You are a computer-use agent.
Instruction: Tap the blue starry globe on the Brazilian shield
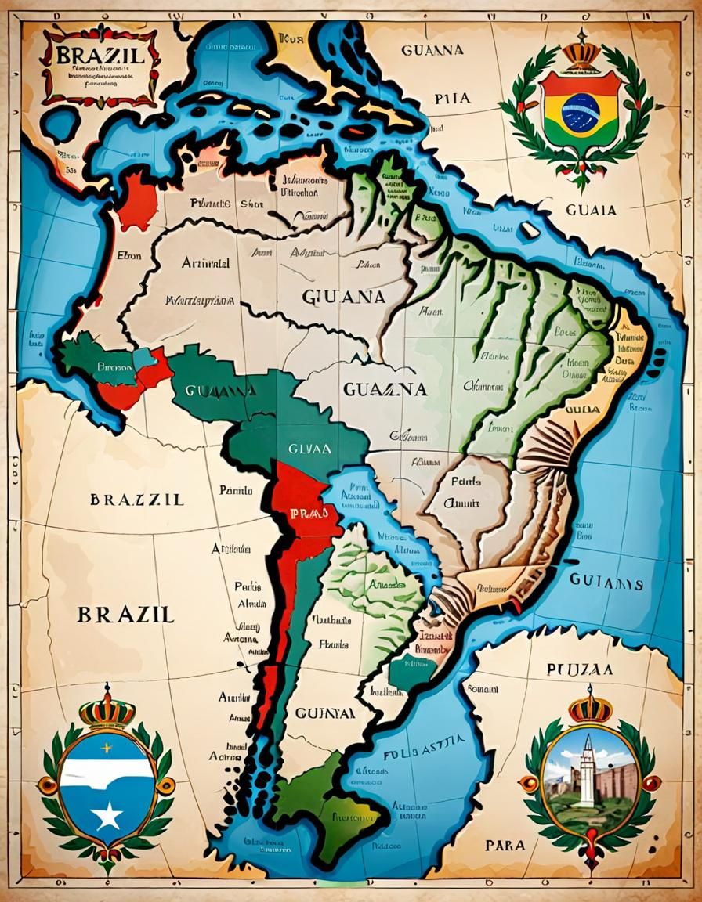581,112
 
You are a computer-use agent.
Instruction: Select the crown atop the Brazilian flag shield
581,52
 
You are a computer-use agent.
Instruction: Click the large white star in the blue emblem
107,817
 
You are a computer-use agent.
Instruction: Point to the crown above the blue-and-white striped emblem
107,709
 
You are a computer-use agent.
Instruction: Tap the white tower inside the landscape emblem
587,771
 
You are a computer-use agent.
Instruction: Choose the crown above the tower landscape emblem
589,708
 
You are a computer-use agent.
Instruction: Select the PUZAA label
580,670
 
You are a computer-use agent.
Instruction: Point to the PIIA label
452,99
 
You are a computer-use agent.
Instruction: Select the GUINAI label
325,713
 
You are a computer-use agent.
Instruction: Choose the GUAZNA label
385,389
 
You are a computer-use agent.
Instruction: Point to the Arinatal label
205,263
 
